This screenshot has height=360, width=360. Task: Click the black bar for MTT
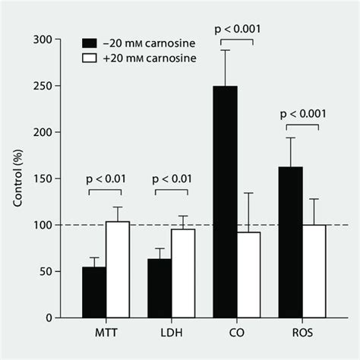[95, 292]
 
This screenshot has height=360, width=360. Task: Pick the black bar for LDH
[160, 289]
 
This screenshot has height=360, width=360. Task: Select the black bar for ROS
[291, 242]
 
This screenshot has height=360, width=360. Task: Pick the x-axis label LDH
[172, 333]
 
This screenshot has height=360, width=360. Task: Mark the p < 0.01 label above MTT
[107, 179]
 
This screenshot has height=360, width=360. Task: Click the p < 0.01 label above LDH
[172, 179]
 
